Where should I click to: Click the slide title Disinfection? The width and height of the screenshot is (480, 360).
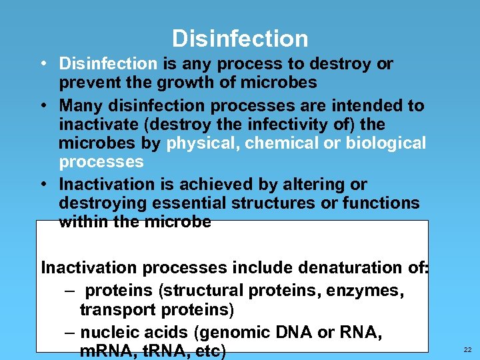tap(240, 38)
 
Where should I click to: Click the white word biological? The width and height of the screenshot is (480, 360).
tap(385, 143)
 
